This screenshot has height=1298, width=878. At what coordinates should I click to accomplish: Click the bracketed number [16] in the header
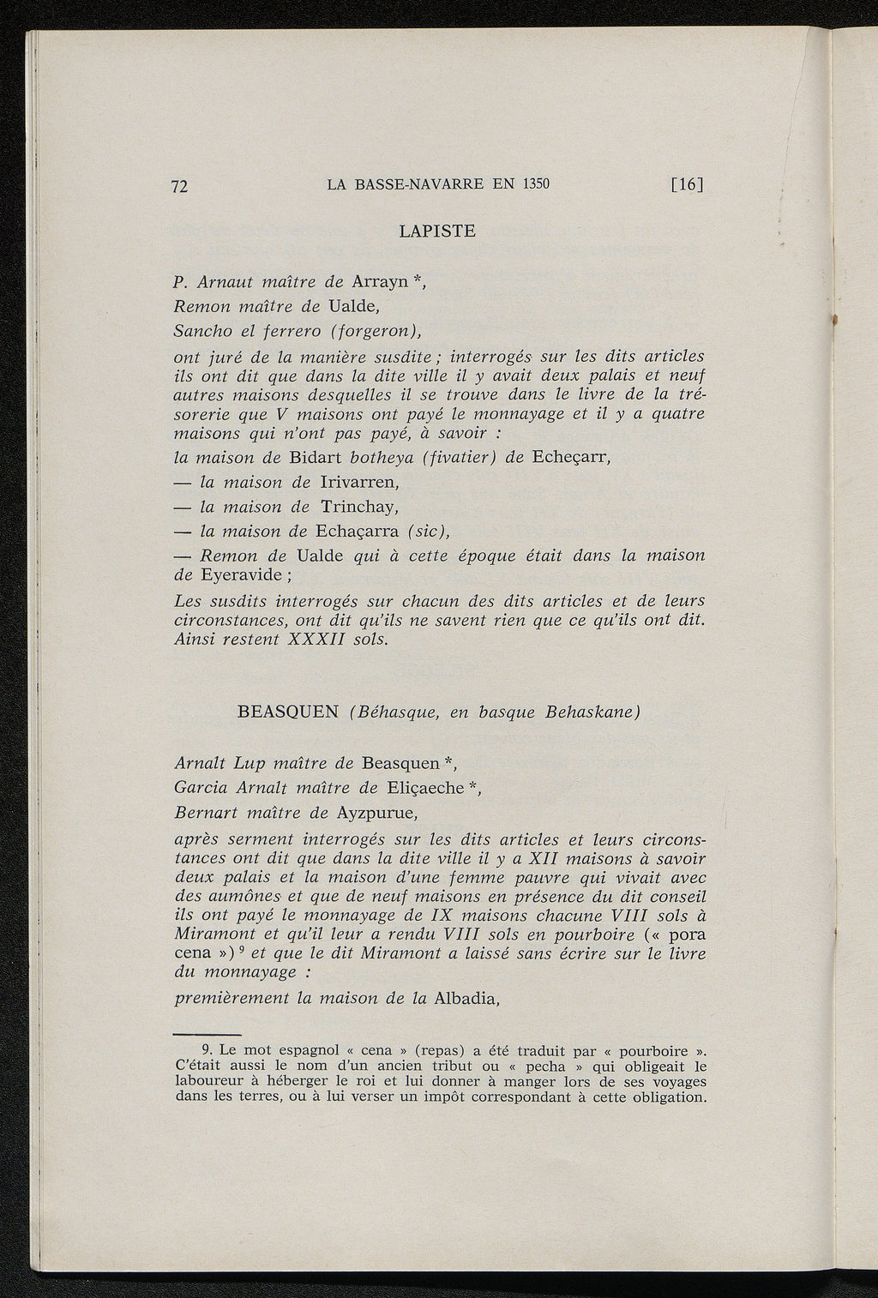pyautogui.click(x=687, y=184)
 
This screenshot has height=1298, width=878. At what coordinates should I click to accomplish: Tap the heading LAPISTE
pyautogui.click(x=437, y=231)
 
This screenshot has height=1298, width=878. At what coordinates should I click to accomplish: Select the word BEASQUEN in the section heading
pyautogui.click(x=288, y=712)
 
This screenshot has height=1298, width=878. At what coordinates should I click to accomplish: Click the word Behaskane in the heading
pyautogui.click(x=591, y=712)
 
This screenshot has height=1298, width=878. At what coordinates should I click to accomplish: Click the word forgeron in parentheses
pyautogui.click(x=377, y=330)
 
